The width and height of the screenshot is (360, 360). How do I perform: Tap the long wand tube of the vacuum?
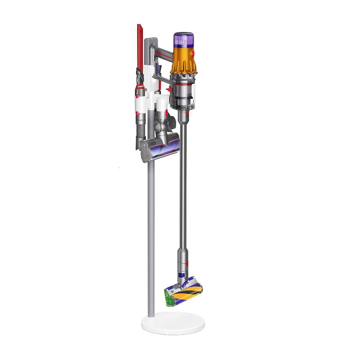pyautogui.click(x=183, y=180)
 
